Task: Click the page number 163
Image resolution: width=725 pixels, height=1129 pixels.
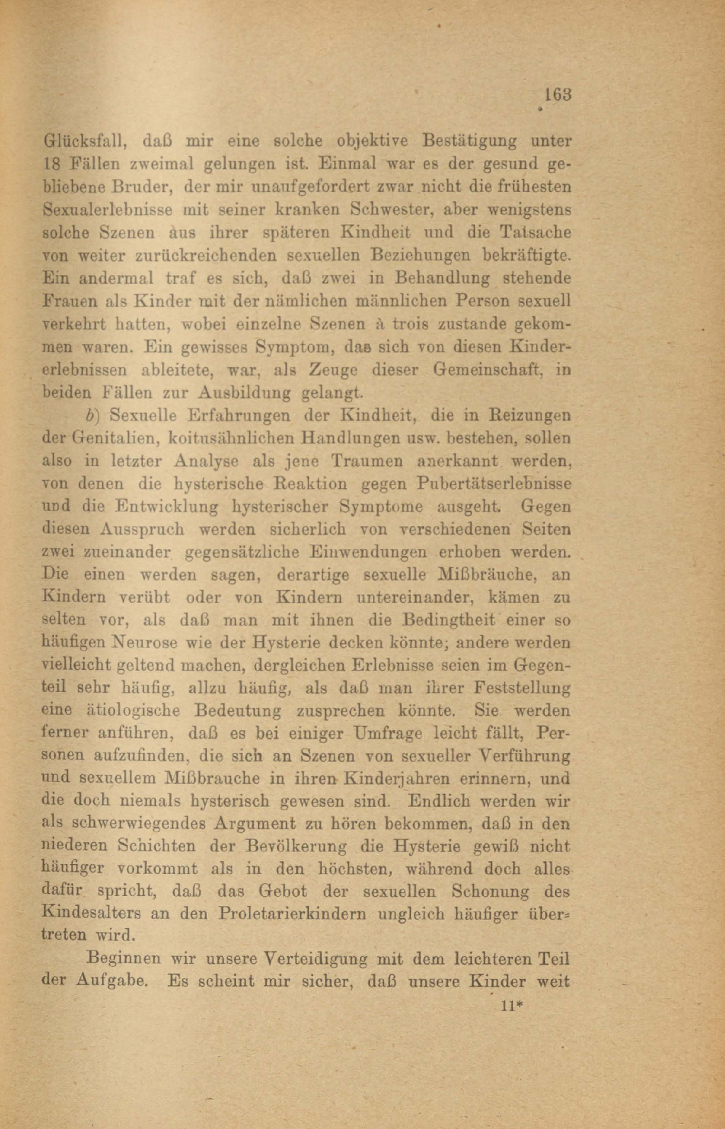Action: (x=558, y=94)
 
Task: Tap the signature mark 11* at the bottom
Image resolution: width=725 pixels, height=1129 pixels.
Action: (x=511, y=1005)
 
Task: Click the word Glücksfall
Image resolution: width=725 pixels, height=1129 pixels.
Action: (x=84, y=140)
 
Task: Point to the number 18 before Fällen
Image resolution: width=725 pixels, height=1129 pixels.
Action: (x=52, y=164)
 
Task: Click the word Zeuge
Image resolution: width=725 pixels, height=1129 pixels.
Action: (x=333, y=370)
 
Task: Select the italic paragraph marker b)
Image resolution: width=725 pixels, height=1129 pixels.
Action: (x=91, y=415)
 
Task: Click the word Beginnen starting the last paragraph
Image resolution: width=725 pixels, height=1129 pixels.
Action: (x=123, y=959)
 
